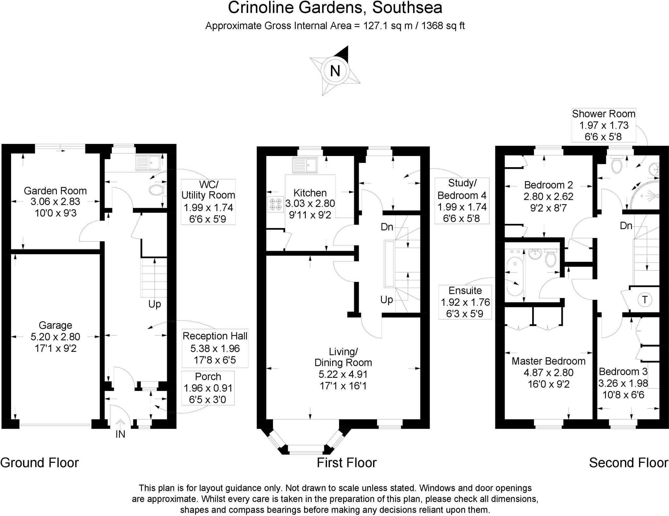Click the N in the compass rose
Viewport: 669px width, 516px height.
click(335, 70)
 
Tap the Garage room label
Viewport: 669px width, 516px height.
click(55, 336)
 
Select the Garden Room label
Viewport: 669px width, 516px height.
click(55, 202)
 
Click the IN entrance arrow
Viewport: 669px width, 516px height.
click(121, 425)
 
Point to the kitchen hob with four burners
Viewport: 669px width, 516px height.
click(276, 204)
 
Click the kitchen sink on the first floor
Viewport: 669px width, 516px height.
click(305, 165)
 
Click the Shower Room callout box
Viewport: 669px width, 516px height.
click(603, 125)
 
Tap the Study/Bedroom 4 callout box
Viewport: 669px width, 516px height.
click(462, 201)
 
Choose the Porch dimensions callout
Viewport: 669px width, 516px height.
click(208, 388)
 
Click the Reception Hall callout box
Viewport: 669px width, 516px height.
click(215, 348)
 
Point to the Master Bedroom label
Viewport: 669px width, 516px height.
click(548, 372)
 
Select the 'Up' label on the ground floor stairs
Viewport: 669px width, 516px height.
click(155, 304)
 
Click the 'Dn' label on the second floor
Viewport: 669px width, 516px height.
click(626, 226)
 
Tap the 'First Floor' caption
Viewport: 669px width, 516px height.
click(347, 462)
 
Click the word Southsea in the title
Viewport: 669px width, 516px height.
click(407, 8)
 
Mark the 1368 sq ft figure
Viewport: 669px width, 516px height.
click(443, 25)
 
